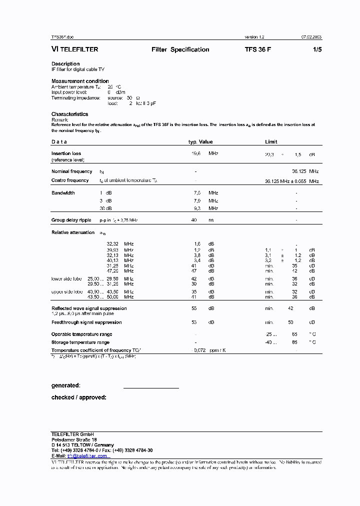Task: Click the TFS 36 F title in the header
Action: pyautogui.click(x=258, y=49)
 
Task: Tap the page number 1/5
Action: pyautogui.click(x=317, y=49)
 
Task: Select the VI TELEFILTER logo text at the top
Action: pyautogui.click(x=75, y=49)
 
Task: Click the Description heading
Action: pyautogui.click(x=65, y=64)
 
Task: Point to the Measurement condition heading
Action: pyautogui.click(x=80, y=81)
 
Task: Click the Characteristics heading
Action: pyautogui.click(x=69, y=114)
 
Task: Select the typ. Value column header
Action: pyautogui.click(x=200, y=142)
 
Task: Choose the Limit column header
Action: pyautogui.click(x=271, y=142)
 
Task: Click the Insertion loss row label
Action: pyautogui.click(x=66, y=153)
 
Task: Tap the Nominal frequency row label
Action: pyautogui.click(x=71, y=171)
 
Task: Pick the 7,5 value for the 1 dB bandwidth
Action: pyautogui.click(x=197, y=193)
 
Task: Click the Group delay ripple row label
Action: pyautogui.click(x=71, y=220)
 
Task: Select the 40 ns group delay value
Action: pyautogui.click(x=194, y=220)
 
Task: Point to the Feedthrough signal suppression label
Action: pyautogui.click(x=86, y=322)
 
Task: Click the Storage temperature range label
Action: pyautogui.click(x=80, y=342)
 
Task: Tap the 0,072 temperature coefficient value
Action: pyautogui.click(x=200, y=350)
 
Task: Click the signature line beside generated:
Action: pyautogui.click(x=150, y=387)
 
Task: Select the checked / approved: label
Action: pyautogui.click(x=78, y=397)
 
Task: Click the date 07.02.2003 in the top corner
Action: pyautogui.click(x=311, y=37)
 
